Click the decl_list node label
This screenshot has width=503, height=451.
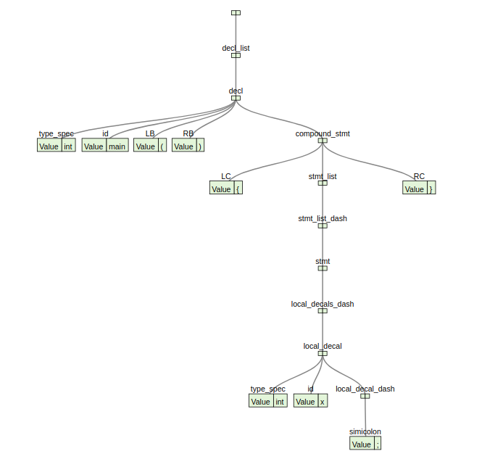pyautogui.click(x=236, y=48)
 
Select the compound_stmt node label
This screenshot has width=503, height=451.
pyautogui.click(x=323, y=133)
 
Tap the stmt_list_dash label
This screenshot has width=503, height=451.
pyautogui.click(x=323, y=218)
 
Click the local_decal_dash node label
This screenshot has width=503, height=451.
pyautogui.click(x=365, y=389)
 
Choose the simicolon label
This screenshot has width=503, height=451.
pyautogui.click(x=365, y=431)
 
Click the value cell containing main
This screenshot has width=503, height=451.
pyautogui.click(x=117, y=146)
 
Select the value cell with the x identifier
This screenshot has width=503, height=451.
pyautogui.click(x=323, y=402)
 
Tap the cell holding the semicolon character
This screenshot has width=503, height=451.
pyautogui.click(x=378, y=444)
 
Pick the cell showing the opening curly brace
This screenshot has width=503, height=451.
pyautogui.click(x=238, y=189)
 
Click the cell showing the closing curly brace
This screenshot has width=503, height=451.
pyautogui.click(x=431, y=189)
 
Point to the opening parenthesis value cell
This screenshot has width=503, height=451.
pyautogui.click(x=162, y=146)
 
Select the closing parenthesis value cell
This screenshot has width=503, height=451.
pyautogui.click(x=201, y=146)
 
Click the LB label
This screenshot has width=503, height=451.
pyautogui.click(x=150, y=133)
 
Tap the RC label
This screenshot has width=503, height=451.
pyautogui.click(x=419, y=176)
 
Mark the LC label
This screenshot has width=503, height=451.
pyautogui.click(x=226, y=176)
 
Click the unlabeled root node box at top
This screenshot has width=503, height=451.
pyautogui.click(x=236, y=12)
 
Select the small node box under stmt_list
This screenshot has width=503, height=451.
pyautogui.click(x=323, y=183)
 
